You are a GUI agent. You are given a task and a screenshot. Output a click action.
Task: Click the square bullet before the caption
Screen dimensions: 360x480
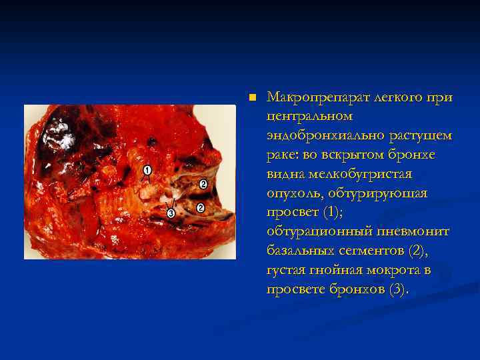[x=251, y=97]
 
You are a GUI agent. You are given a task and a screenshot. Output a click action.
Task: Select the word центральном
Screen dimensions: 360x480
[x=307, y=117]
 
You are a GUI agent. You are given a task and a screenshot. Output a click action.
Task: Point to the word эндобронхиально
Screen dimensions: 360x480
[x=323, y=136]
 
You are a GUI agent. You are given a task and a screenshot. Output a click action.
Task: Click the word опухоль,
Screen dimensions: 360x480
[x=297, y=193]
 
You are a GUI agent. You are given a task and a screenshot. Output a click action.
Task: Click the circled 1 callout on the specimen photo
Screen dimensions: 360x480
[x=147, y=171]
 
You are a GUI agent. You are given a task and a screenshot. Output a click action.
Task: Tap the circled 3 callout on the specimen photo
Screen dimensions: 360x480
[x=171, y=213]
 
